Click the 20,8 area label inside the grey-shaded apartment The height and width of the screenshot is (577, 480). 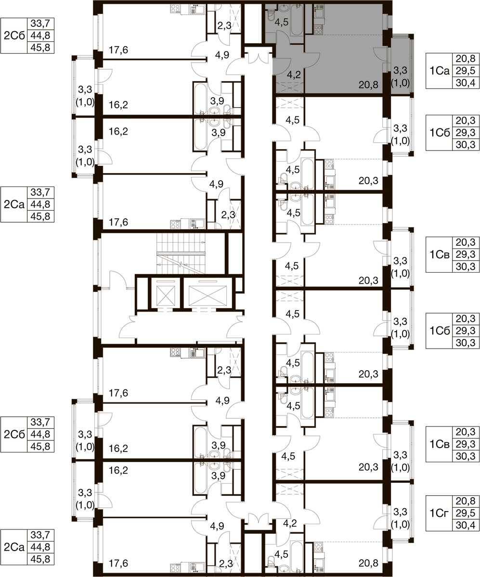[368, 84]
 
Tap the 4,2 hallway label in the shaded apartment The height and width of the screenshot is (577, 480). [294, 75]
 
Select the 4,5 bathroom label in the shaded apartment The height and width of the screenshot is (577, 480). [281, 22]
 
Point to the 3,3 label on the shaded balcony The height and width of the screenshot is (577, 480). [400, 70]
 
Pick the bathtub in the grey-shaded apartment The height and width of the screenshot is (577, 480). [297, 20]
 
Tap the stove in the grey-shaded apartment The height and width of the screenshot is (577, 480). [318, 29]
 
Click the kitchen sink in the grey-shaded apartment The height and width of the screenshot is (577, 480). [318, 14]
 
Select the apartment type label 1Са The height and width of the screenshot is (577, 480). [440, 71]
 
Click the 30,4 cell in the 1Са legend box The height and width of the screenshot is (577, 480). [466, 82]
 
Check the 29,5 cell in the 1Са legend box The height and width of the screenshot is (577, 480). [466, 71]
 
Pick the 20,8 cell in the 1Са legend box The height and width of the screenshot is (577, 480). [466, 59]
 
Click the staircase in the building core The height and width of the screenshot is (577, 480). [181, 253]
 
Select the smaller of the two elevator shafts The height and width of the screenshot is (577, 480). [166, 293]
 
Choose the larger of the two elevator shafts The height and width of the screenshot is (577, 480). [208, 293]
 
